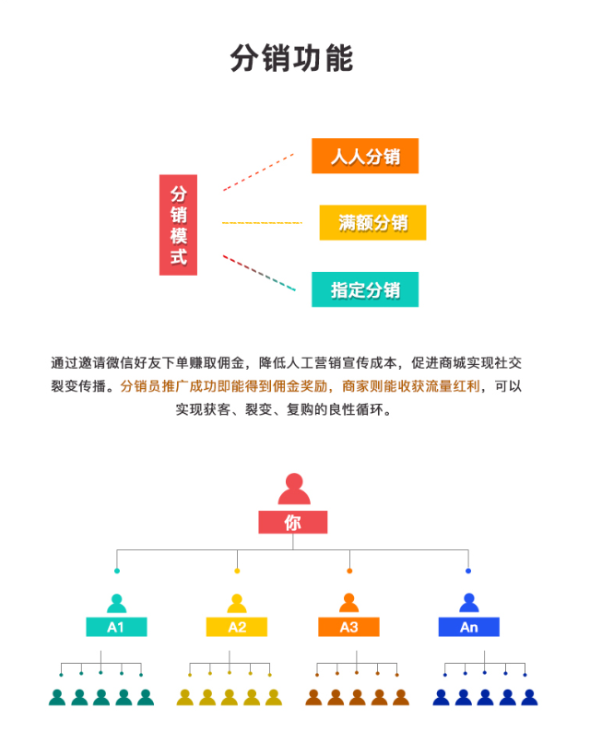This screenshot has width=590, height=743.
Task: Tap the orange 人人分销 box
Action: click(x=365, y=156)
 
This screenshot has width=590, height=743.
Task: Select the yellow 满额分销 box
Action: click(x=372, y=222)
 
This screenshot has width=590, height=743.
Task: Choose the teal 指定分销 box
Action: click(x=365, y=289)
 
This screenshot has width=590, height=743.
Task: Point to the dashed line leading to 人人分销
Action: click(x=258, y=172)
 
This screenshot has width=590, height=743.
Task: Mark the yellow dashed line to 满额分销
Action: click(x=262, y=223)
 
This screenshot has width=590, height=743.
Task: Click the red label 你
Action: click(x=292, y=523)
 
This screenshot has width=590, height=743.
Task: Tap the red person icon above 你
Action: click(x=293, y=489)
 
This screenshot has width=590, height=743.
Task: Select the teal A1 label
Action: click(x=116, y=627)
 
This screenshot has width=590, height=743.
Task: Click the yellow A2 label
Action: click(x=237, y=627)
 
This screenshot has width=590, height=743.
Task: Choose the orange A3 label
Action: click(x=348, y=627)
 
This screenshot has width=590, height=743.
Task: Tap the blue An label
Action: click(x=468, y=627)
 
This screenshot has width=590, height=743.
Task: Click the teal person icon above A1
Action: click(x=116, y=604)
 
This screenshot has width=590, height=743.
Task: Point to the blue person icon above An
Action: click(x=468, y=604)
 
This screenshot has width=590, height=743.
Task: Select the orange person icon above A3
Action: click(x=348, y=604)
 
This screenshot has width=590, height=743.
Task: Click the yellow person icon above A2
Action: click(x=237, y=604)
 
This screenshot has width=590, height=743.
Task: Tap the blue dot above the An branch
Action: click(x=468, y=571)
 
